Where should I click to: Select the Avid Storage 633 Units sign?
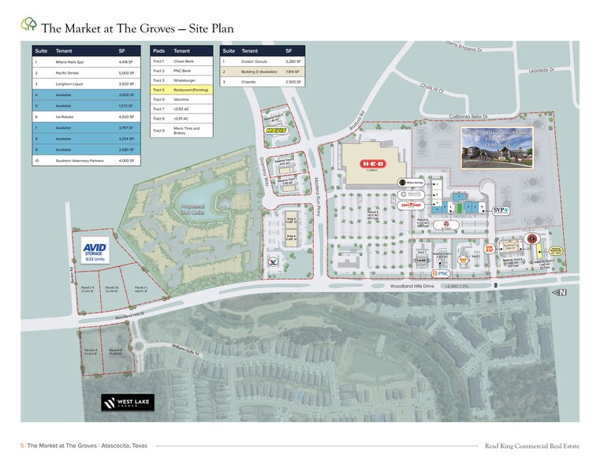click(95, 250)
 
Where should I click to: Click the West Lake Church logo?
click(126, 402)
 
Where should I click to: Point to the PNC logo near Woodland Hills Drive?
click(442, 273)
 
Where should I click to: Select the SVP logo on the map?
click(500, 210)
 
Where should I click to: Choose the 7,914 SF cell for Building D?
click(291, 71)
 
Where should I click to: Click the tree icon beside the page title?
click(28, 26)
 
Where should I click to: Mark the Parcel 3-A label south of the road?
click(89, 351)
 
